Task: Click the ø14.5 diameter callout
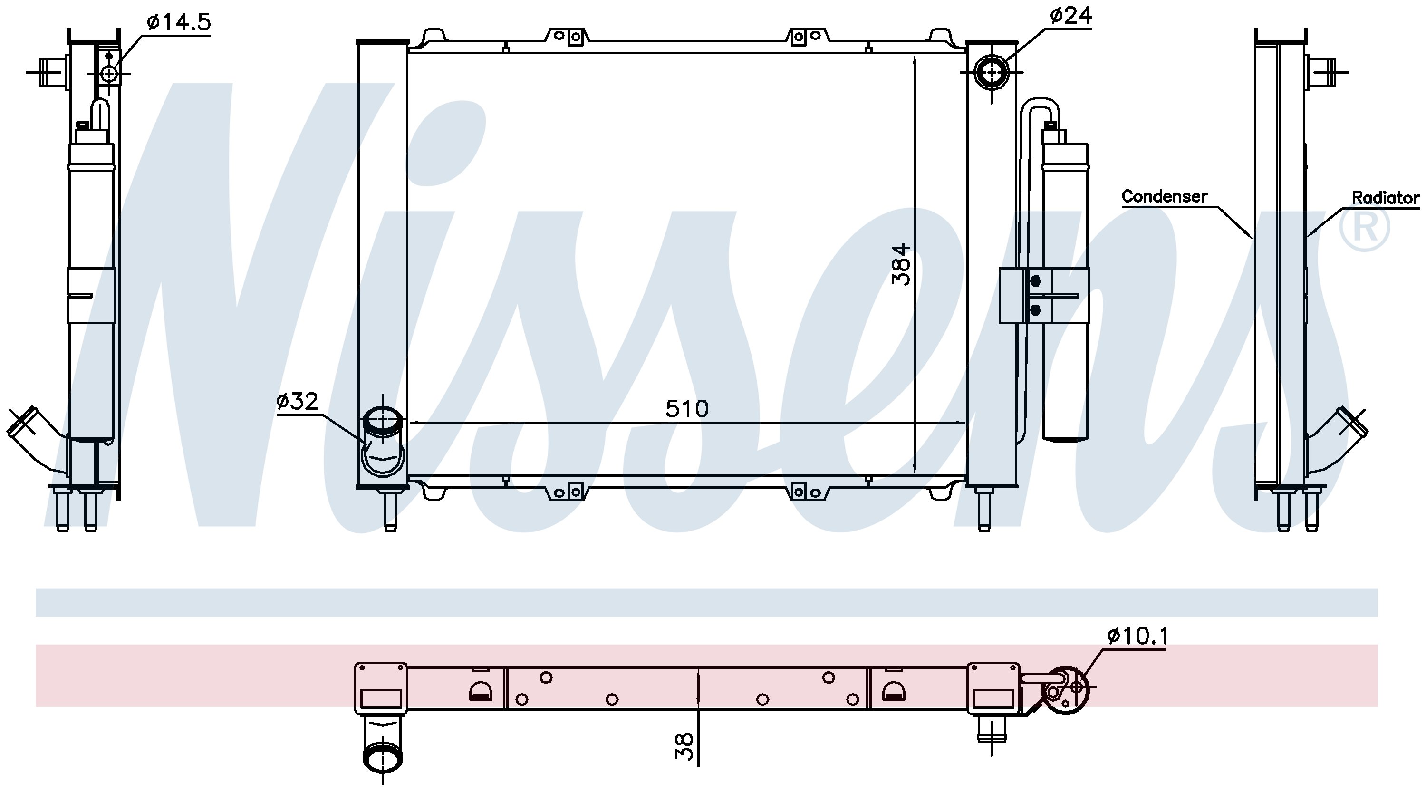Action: click(x=179, y=22)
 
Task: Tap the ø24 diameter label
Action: click(x=1070, y=16)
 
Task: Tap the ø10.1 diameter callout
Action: click(x=1138, y=637)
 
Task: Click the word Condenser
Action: click(x=1164, y=196)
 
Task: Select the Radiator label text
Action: click(x=1386, y=198)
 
